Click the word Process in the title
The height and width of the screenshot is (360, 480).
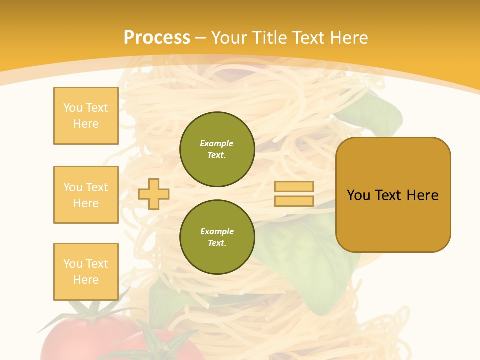(x=157, y=38)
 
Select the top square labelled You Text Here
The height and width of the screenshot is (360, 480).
(x=86, y=116)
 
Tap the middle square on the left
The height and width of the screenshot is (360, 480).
(x=86, y=195)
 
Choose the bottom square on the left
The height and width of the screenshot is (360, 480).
(x=86, y=272)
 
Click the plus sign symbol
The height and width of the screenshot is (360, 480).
(x=154, y=194)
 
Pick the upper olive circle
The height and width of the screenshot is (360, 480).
(x=217, y=149)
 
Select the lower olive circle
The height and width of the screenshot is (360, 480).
(x=217, y=237)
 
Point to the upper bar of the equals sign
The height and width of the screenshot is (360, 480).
(x=294, y=187)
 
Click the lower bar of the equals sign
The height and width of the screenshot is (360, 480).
(x=294, y=201)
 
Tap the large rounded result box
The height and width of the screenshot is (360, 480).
(x=393, y=195)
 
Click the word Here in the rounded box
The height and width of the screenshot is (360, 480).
(x=422, y=195)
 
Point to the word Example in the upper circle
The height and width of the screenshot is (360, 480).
(x=217, y=143)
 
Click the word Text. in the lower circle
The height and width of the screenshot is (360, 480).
(x=217, y=243)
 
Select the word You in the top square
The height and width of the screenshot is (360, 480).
(x=73, y=108)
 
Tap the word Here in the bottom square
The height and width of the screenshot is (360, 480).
(x=86, y=280)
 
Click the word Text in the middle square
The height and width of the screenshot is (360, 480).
(x=97, y=187)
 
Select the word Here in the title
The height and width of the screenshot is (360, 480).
(x=348, y=38)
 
